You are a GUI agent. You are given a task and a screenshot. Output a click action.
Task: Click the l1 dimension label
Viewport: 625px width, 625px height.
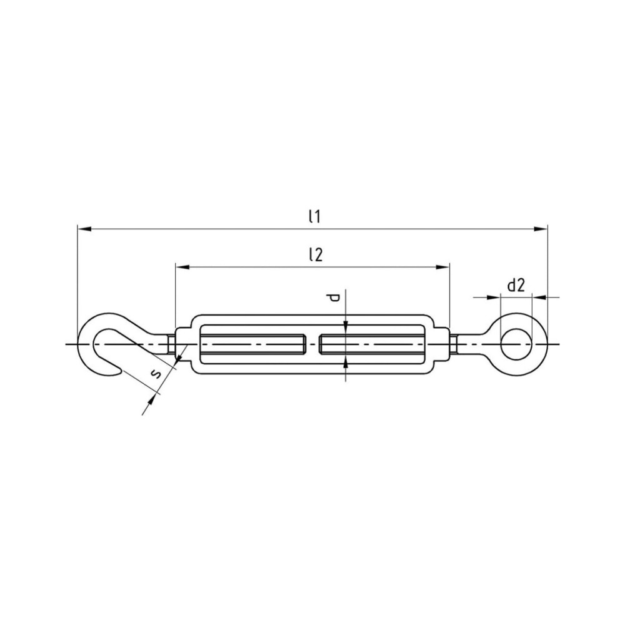point(314,217)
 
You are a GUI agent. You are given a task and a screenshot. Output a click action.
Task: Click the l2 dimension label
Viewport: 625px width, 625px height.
point(315,254)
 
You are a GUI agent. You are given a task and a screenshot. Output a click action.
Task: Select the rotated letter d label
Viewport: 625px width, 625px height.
point(333,297)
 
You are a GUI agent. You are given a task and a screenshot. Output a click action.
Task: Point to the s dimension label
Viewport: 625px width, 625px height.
point(156,374)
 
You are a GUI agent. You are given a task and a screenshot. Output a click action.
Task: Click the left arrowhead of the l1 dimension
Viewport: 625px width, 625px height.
point(84,229)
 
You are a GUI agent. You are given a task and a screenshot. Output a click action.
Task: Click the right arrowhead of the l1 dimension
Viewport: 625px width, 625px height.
point(541,229)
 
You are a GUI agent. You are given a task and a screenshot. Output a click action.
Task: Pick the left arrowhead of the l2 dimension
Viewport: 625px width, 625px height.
point(182,267)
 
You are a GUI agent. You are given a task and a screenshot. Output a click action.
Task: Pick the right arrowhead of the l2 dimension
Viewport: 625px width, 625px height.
point(442,267)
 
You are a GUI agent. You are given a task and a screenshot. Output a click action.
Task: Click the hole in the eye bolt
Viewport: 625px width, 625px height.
point(516,344)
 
